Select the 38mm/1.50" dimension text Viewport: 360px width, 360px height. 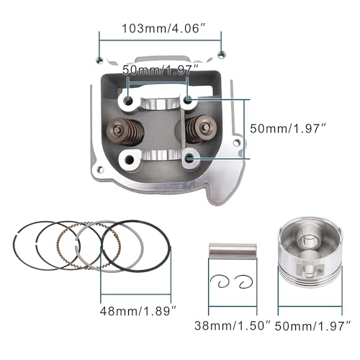(x=228, y=326)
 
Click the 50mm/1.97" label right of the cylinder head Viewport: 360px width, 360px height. (x=288, y=127)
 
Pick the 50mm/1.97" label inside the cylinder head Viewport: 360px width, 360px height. (x=159, y=69)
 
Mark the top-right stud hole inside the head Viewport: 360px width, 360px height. (x=189, y=102)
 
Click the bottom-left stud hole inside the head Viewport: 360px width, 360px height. (x=130, y=158)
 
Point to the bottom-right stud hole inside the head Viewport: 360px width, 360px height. (x=189, y=156)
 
